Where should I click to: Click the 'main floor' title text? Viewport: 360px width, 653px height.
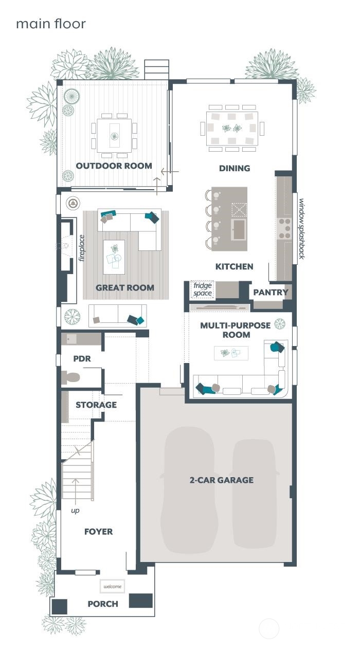(x=51, y=24)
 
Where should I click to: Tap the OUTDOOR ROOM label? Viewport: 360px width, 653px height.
(x=114, y=166)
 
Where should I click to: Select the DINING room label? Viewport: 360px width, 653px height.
(x=235, y=168)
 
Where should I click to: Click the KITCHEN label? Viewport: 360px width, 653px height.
(x=235, y=266)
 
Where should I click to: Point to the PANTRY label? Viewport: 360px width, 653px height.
(x=271, y=293)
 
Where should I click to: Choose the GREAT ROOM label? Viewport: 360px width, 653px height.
(x=125, y=288)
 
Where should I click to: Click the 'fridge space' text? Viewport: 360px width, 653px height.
(x=203, y=289)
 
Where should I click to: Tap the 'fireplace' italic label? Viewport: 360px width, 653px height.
(x=82, y=248)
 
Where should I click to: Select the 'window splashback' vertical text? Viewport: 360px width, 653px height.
(x=302, y=229)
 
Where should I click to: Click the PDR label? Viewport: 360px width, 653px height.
(x=82, y=358)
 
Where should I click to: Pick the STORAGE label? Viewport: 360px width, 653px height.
(x=96, y=405)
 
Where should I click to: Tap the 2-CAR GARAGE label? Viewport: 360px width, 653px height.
(x=222, y=480)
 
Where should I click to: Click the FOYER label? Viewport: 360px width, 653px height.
(x=99, y=532)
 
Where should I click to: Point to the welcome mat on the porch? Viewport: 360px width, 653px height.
(x=113, y=587)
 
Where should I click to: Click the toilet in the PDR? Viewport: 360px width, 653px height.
(x=70, y=377)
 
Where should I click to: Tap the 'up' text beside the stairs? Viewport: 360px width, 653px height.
(x=75, y=511)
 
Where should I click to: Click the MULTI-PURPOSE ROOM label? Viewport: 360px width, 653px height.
(x=236, y=330)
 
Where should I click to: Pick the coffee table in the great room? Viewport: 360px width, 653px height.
(x=114, y=257)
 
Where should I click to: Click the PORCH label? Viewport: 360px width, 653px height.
(x=103, y=604)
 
